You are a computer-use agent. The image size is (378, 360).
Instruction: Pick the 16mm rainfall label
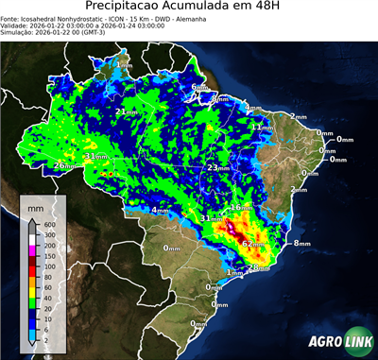coord(242,207)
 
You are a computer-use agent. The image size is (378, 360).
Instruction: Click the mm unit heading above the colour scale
coord(36,206)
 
